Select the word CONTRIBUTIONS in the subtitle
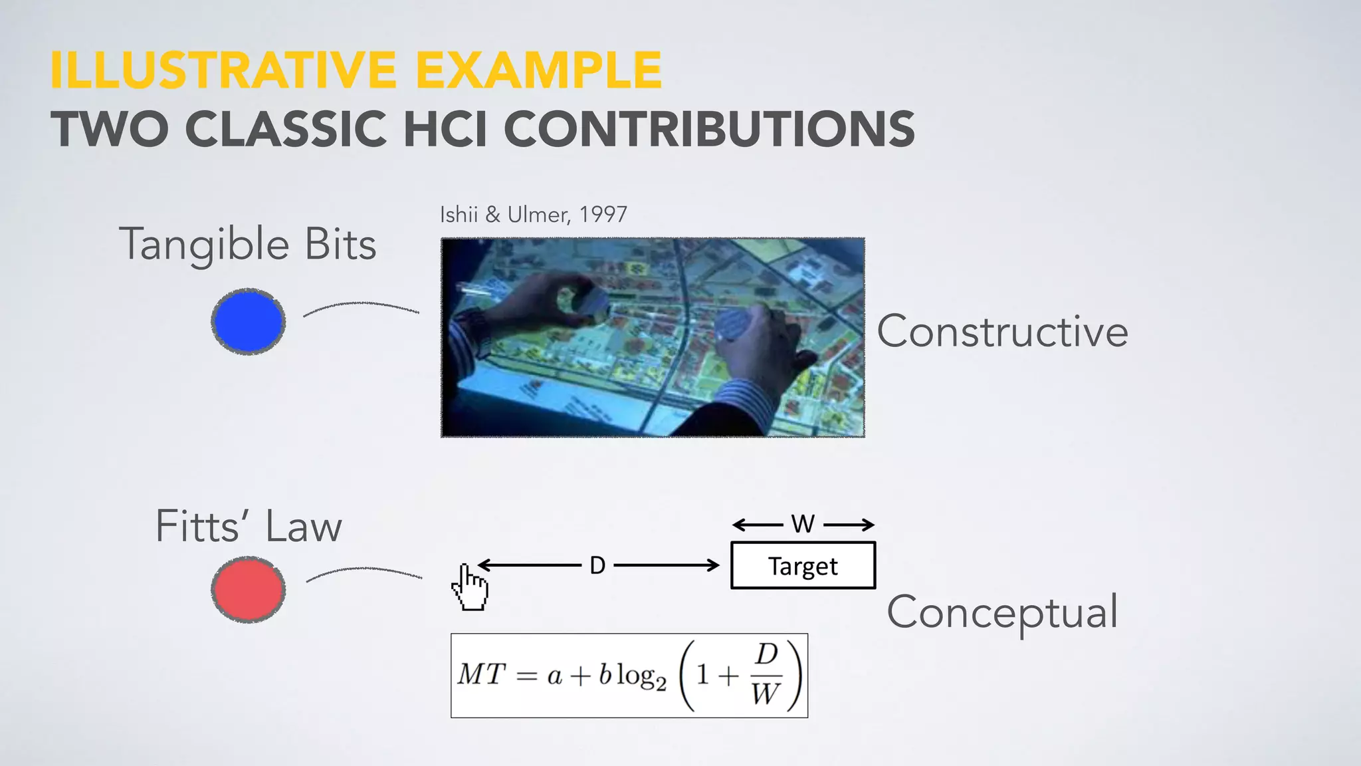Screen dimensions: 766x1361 [x=709, y=129]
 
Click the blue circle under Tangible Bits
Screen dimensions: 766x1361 [x=249, y=321]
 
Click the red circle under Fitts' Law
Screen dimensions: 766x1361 [x=249, y=590]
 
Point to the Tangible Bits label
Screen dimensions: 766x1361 [x=248, y=245]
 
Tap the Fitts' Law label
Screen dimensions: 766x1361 [x=248, y=527]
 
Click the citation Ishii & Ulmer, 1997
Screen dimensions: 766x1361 [x=533, y=215]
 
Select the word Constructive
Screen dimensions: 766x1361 [x=1001, y=331]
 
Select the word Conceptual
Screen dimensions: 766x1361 [x=1001, y=612]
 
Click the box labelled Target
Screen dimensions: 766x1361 [x=803, y=566]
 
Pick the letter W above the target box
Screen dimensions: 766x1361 [x=803, y=524]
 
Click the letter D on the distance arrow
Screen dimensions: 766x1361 [x=597, y=566]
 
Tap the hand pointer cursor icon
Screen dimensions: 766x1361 [x=469, y=586]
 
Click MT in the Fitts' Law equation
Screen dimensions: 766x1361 [x=482, y=675]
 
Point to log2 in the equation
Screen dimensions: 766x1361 [x=641, y=677]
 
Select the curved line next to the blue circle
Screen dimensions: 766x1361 [x=362, y=307]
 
